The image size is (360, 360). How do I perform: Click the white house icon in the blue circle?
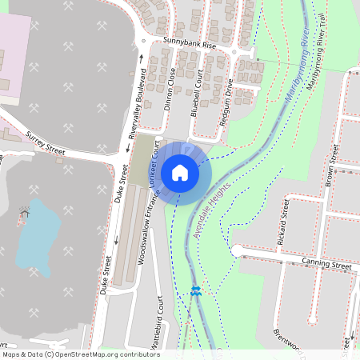point(180,172)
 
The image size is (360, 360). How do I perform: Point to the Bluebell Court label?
point(196,93)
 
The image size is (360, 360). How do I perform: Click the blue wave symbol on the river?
point(195,291)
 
